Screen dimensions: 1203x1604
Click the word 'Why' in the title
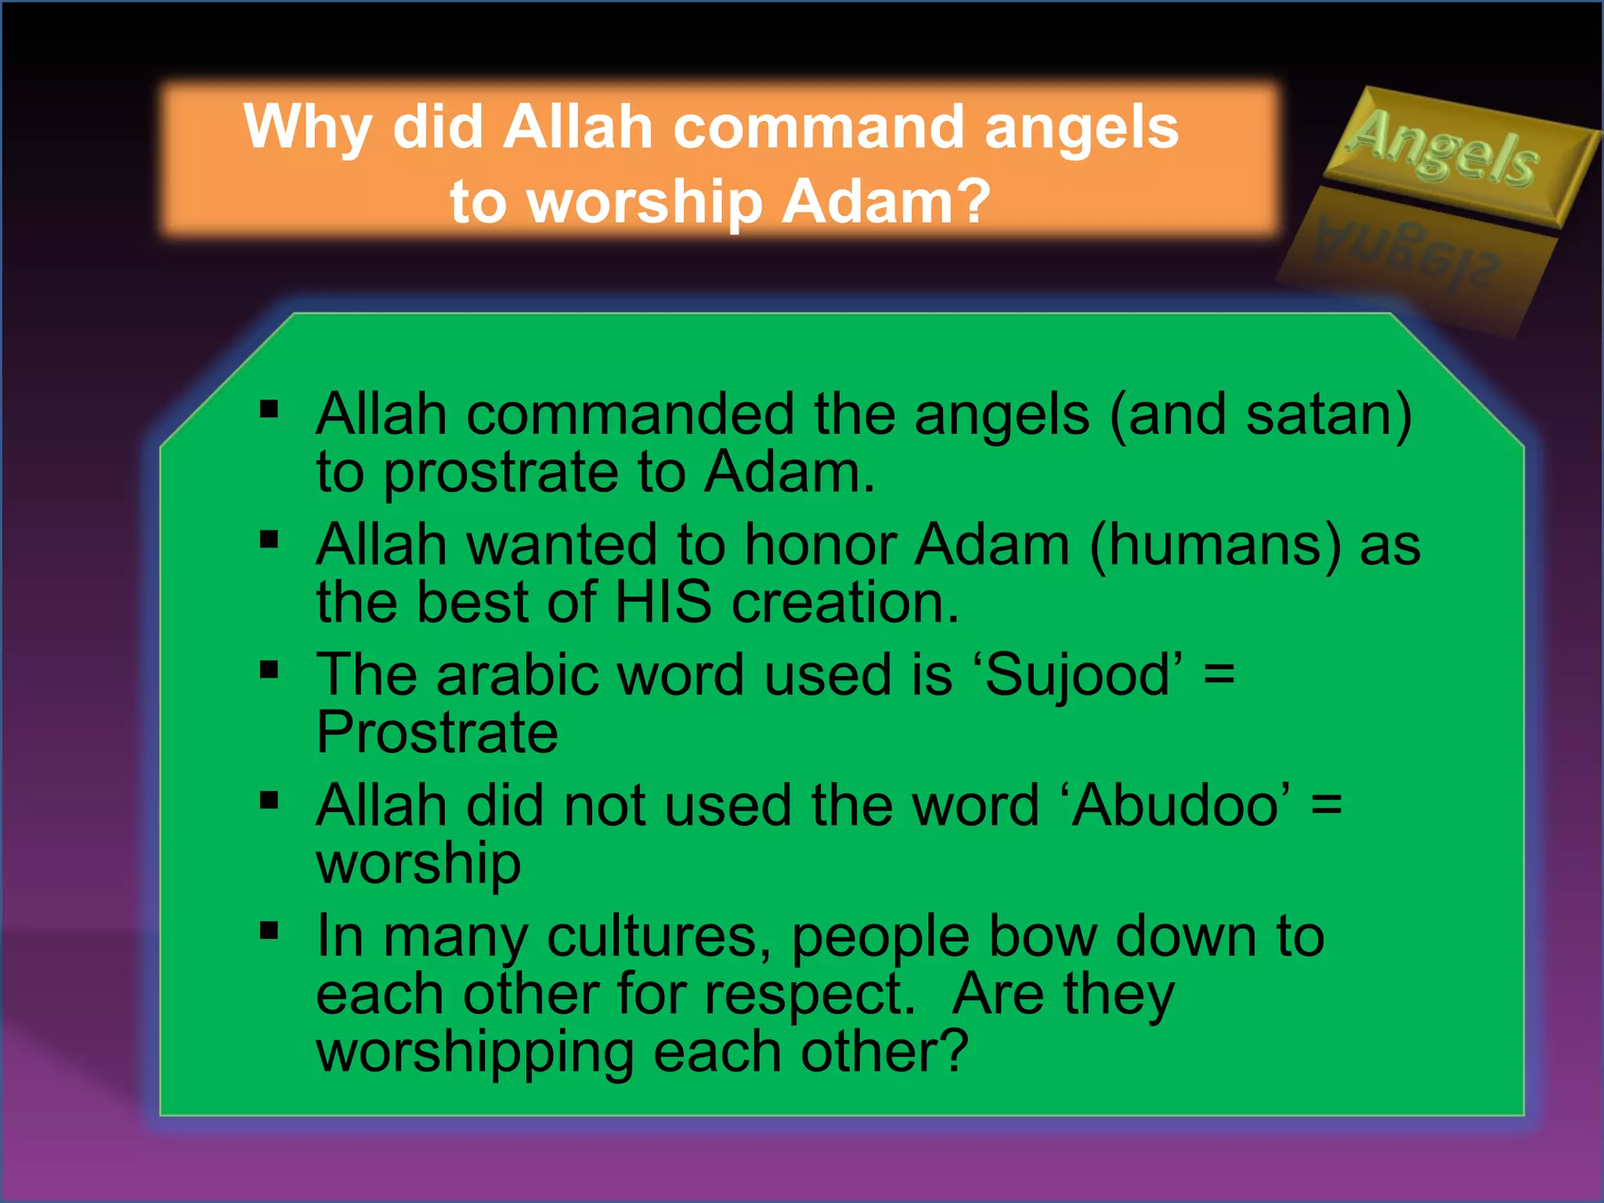click(307, 128)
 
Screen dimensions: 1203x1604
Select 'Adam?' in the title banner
click(887, 201)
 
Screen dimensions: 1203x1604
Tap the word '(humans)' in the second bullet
click(1216, 545)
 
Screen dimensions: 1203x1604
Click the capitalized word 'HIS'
click(663, 603)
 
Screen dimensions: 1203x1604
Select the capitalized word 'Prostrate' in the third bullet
click(437, 733)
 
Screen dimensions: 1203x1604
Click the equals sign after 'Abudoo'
click(1326, 806)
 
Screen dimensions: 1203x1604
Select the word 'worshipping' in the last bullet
click(475, 1053)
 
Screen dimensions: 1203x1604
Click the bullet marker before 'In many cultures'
click(269, 930)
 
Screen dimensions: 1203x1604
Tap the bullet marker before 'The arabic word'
click(269, 670)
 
